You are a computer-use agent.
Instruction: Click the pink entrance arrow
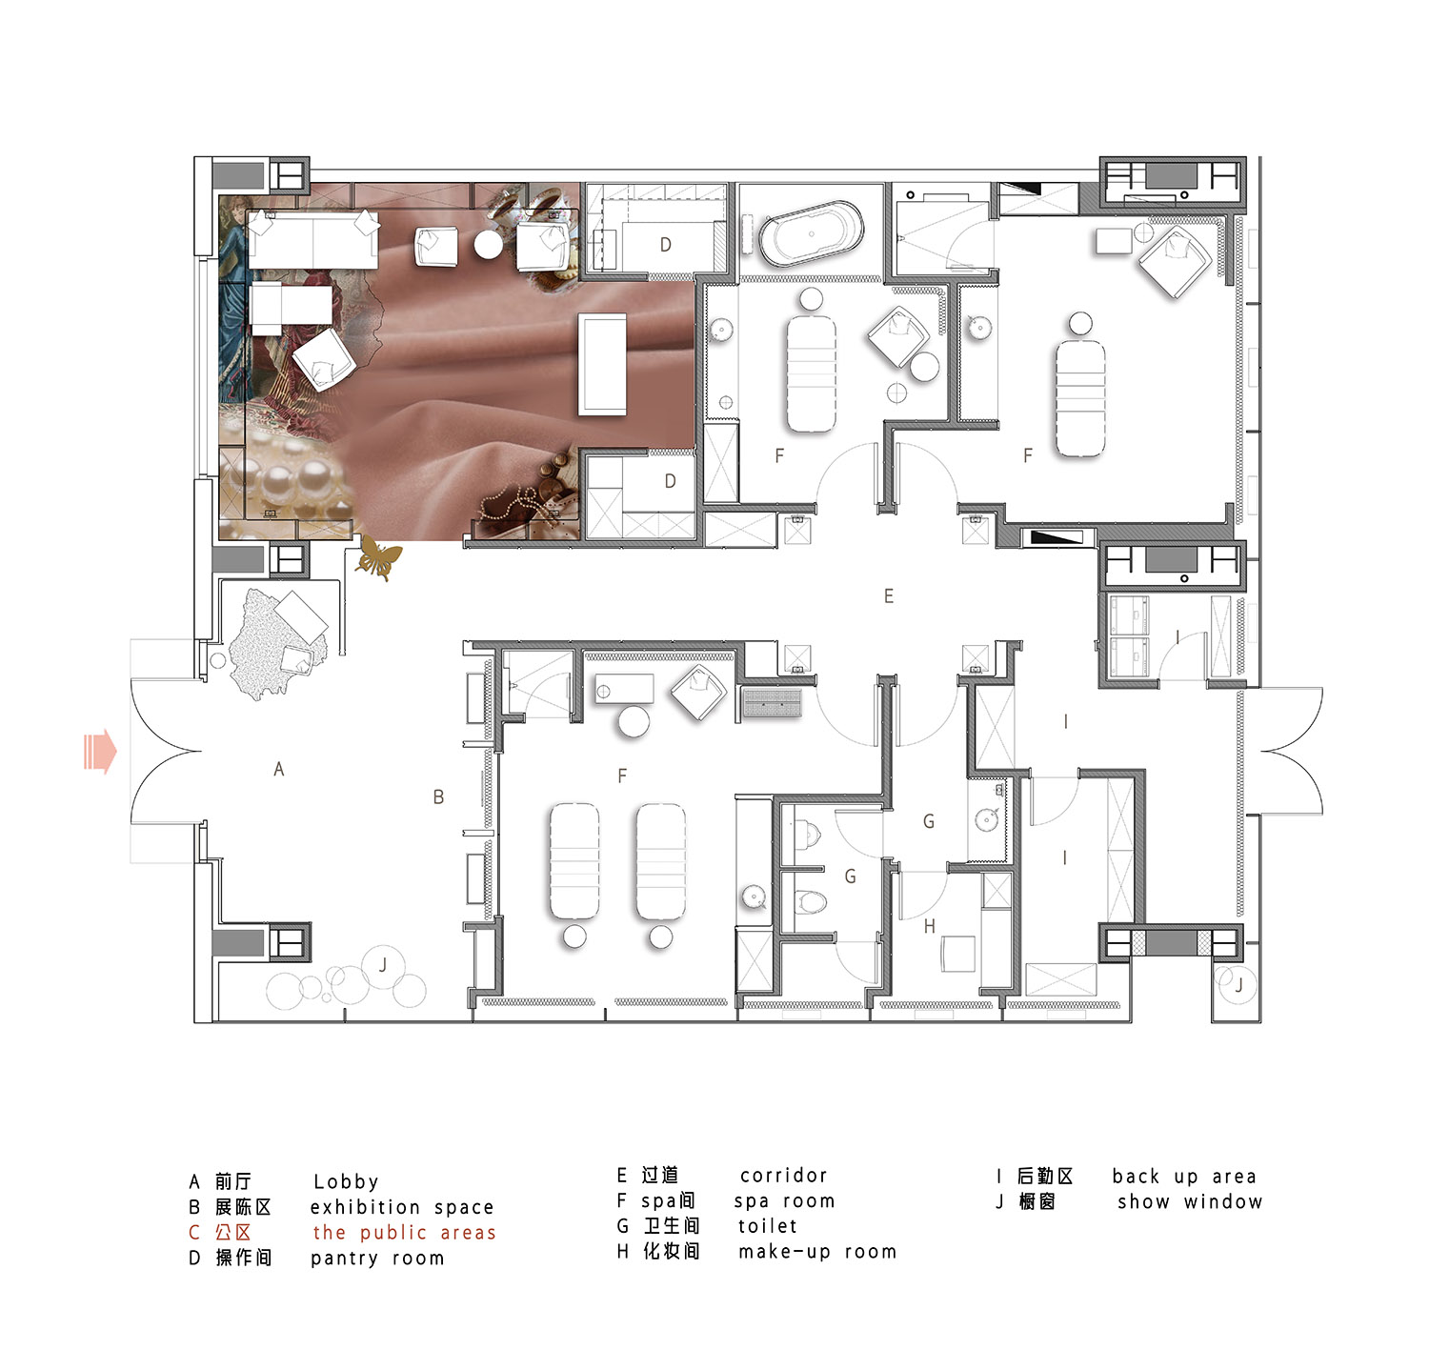click(x=100, y=752)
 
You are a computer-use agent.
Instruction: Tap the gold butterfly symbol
click(x=378, y=559)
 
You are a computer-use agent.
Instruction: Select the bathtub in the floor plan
click(x=812, y=232)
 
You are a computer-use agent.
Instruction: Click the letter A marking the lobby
click(x=279, y=769)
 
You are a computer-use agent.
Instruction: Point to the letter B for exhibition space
click(x=438, y=797)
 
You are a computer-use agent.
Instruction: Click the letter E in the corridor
click(x=889, y=596)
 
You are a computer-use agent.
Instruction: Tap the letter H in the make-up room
click(x=930, y=926)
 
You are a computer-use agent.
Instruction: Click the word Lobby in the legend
click(x=346, y=1182)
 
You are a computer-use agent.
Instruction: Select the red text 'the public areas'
click(x=405, y=1233)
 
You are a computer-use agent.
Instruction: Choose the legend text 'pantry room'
click(x=377, y=1259)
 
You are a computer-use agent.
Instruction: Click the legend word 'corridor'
click(x=784, y=1176)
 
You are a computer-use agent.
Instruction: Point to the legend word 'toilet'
click(x=768, y=1226)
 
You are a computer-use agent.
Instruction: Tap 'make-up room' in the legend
click(x=817, y=1252)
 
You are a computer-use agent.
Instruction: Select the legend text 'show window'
click(x=1190, y=1202)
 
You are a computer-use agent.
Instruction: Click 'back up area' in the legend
click(x=1184, y=1177)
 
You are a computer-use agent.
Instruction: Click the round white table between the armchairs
click(x=488, y=245)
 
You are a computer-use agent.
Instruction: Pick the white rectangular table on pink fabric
click(x=603, y=365)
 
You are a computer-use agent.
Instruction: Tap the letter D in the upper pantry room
click(x=666, y=245)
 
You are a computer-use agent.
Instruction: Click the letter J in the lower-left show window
click(x=383, y=966)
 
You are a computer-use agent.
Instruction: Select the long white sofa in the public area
click(x=312, y=238)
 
